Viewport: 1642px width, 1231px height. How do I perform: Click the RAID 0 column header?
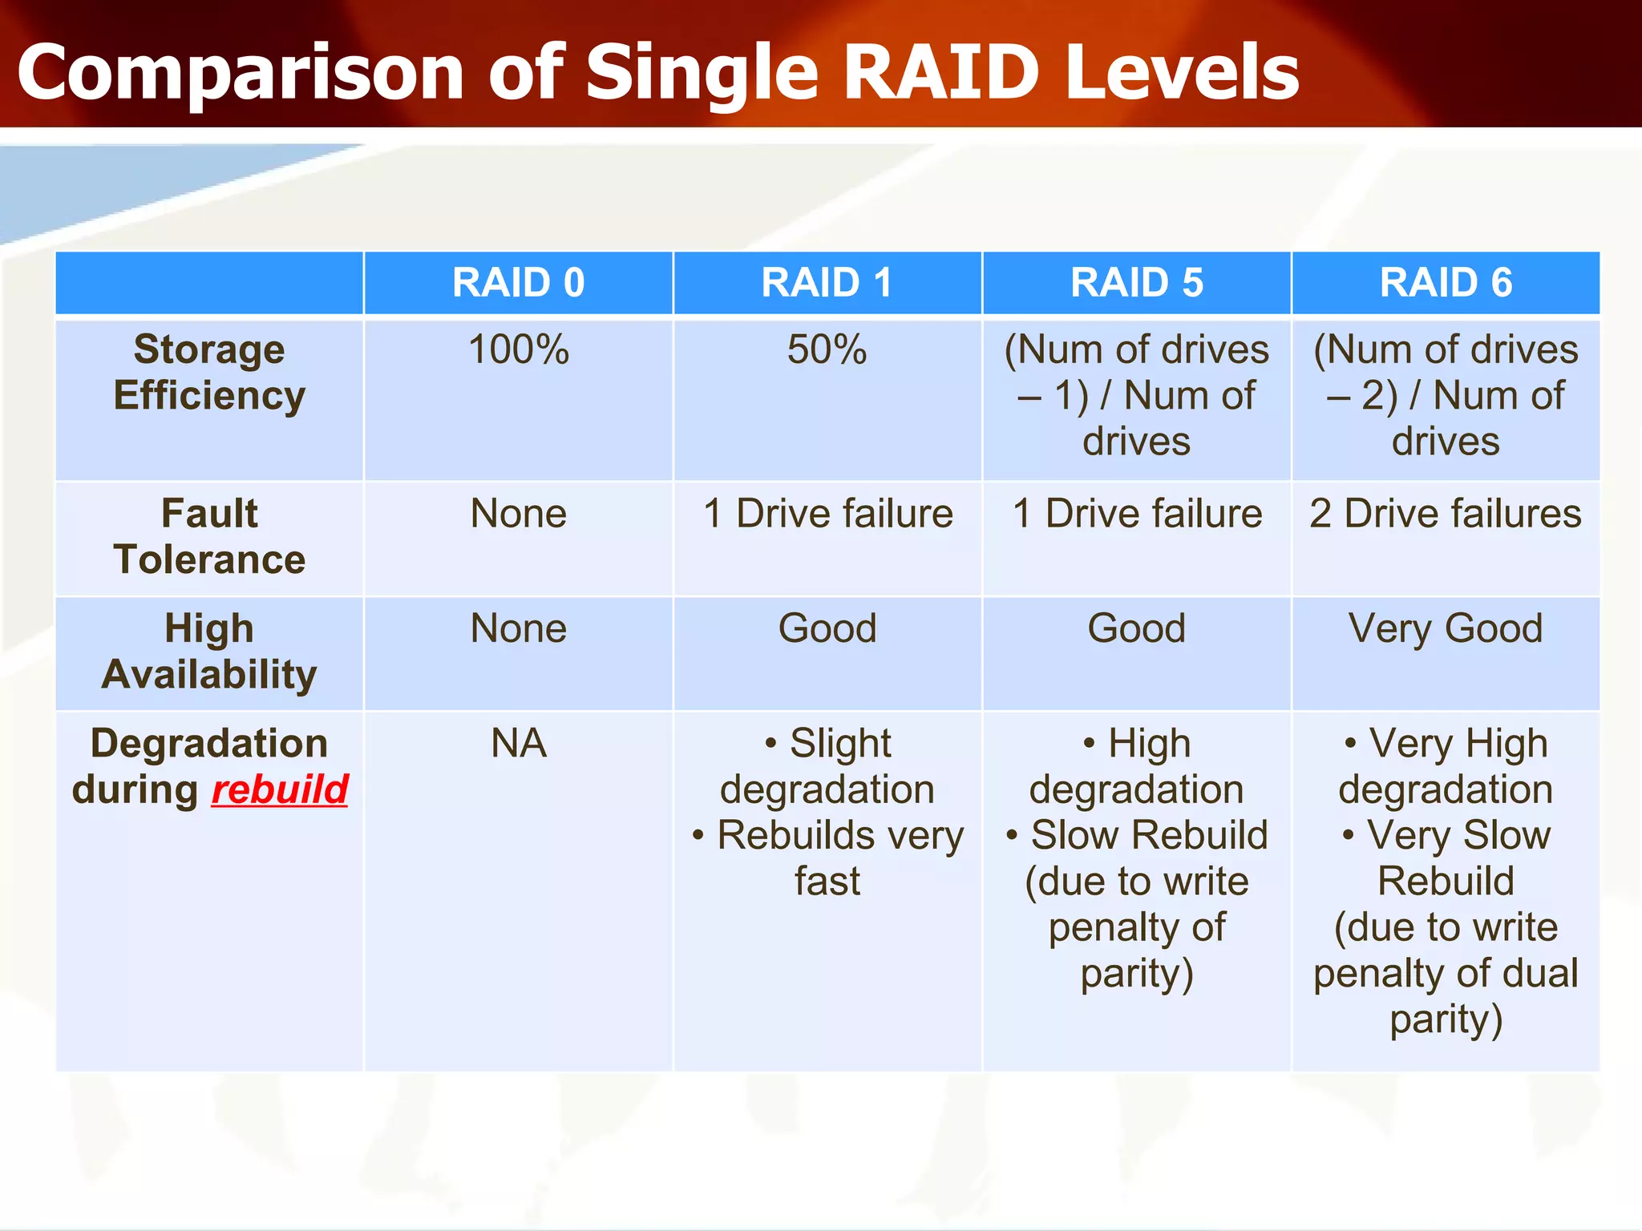[x=518, y=283]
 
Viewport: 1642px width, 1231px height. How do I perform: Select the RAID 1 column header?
[x=827, y=283]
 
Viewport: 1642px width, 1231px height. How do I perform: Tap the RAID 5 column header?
[x=1136, y=283]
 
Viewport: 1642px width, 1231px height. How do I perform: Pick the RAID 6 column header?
[x=1446, y=283]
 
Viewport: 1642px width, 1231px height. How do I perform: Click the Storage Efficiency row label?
[x=209, y=373]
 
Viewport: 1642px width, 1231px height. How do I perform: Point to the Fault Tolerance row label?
[x=209, y=536]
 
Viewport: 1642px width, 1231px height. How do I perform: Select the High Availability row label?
[x=209, y=652]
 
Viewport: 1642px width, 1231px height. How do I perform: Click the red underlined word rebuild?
[x=280, y=790]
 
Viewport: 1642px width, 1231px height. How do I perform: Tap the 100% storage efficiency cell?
[x=518, y=350]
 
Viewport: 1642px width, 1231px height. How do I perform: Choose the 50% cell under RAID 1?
[x=827, y=350]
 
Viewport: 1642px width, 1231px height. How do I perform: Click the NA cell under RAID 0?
[x=518, y=744]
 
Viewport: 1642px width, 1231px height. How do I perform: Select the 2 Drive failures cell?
[x=1446, y=514]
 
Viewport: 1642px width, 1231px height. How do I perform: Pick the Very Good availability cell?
[x=1446, y=628]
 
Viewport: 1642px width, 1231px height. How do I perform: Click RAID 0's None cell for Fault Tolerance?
[x=518, y=514]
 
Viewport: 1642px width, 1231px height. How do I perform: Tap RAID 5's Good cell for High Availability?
[x=1136, y=628]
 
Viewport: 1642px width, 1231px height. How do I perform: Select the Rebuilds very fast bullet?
[x=828, y=858]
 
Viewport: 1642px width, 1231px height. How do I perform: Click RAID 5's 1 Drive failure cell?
[x=1136, y=514]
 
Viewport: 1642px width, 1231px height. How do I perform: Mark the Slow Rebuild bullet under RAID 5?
[x=1137, y=836]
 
